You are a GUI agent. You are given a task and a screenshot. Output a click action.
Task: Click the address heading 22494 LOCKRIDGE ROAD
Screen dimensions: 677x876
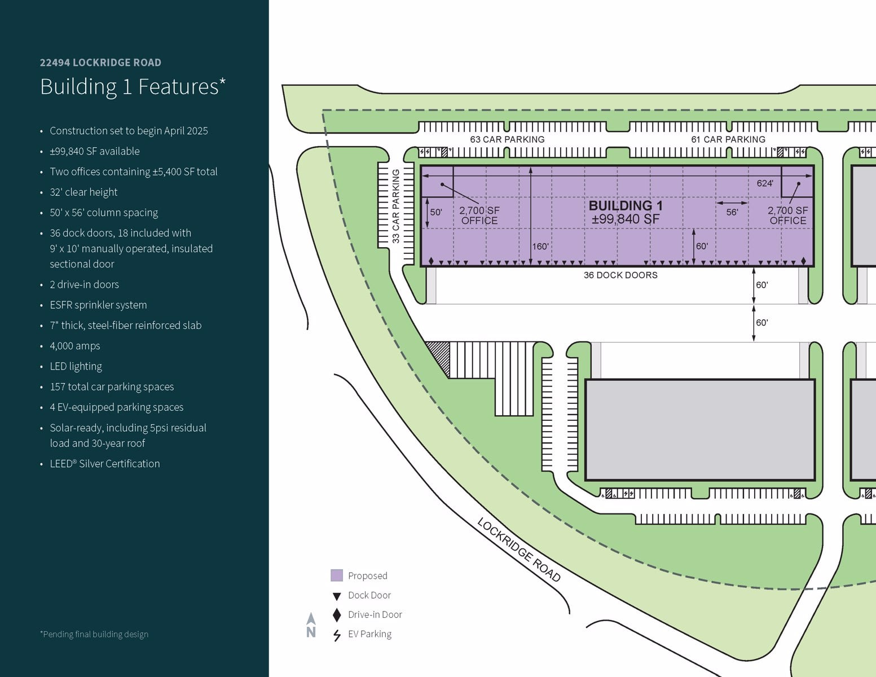(x=100, y=63)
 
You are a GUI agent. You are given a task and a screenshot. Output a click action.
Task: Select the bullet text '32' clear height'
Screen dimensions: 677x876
(x=83, y=192)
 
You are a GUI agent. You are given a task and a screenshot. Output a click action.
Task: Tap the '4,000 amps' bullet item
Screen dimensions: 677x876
(x=74, y=346)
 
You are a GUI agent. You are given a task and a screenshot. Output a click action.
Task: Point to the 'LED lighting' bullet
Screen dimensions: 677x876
(x=76, y=366)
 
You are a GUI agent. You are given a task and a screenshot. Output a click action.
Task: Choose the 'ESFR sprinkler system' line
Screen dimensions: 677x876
(x=98, y=305)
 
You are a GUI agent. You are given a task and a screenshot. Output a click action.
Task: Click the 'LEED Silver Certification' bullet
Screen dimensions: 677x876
(x=105, y=464)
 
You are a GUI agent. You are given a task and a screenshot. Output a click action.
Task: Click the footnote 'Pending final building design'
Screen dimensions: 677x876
(x=94, y=634)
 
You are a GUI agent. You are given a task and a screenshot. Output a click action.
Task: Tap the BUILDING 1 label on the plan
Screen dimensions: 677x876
(x=626, y=206)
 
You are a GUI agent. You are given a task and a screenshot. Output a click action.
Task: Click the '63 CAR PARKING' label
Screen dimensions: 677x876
(x=507, y=139)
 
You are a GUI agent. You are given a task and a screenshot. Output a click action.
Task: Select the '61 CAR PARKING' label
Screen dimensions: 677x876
(x=728, y=139)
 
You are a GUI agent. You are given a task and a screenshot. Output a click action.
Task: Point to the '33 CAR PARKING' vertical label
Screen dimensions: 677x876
(x=395, y=206)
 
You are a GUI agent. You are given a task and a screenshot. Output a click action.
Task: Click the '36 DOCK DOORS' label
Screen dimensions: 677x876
(x=620, y=275)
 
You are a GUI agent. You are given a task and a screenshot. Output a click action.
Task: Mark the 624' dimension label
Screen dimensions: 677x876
(x=765, y=183)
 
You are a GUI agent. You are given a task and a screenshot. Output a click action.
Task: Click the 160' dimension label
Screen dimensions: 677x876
(x=540, y=247)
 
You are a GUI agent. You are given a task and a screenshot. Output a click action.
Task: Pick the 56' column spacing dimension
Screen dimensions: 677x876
(x=732, y=212)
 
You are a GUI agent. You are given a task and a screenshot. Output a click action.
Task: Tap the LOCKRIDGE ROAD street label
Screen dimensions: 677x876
(x=519, y=549)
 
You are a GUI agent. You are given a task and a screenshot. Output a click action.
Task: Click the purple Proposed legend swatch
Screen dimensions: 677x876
(x=337, y=575)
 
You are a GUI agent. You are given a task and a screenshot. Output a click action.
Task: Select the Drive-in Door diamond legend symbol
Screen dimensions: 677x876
(x=337, y=614)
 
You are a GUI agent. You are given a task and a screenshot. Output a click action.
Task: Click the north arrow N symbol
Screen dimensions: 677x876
(x=311, y=626)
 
